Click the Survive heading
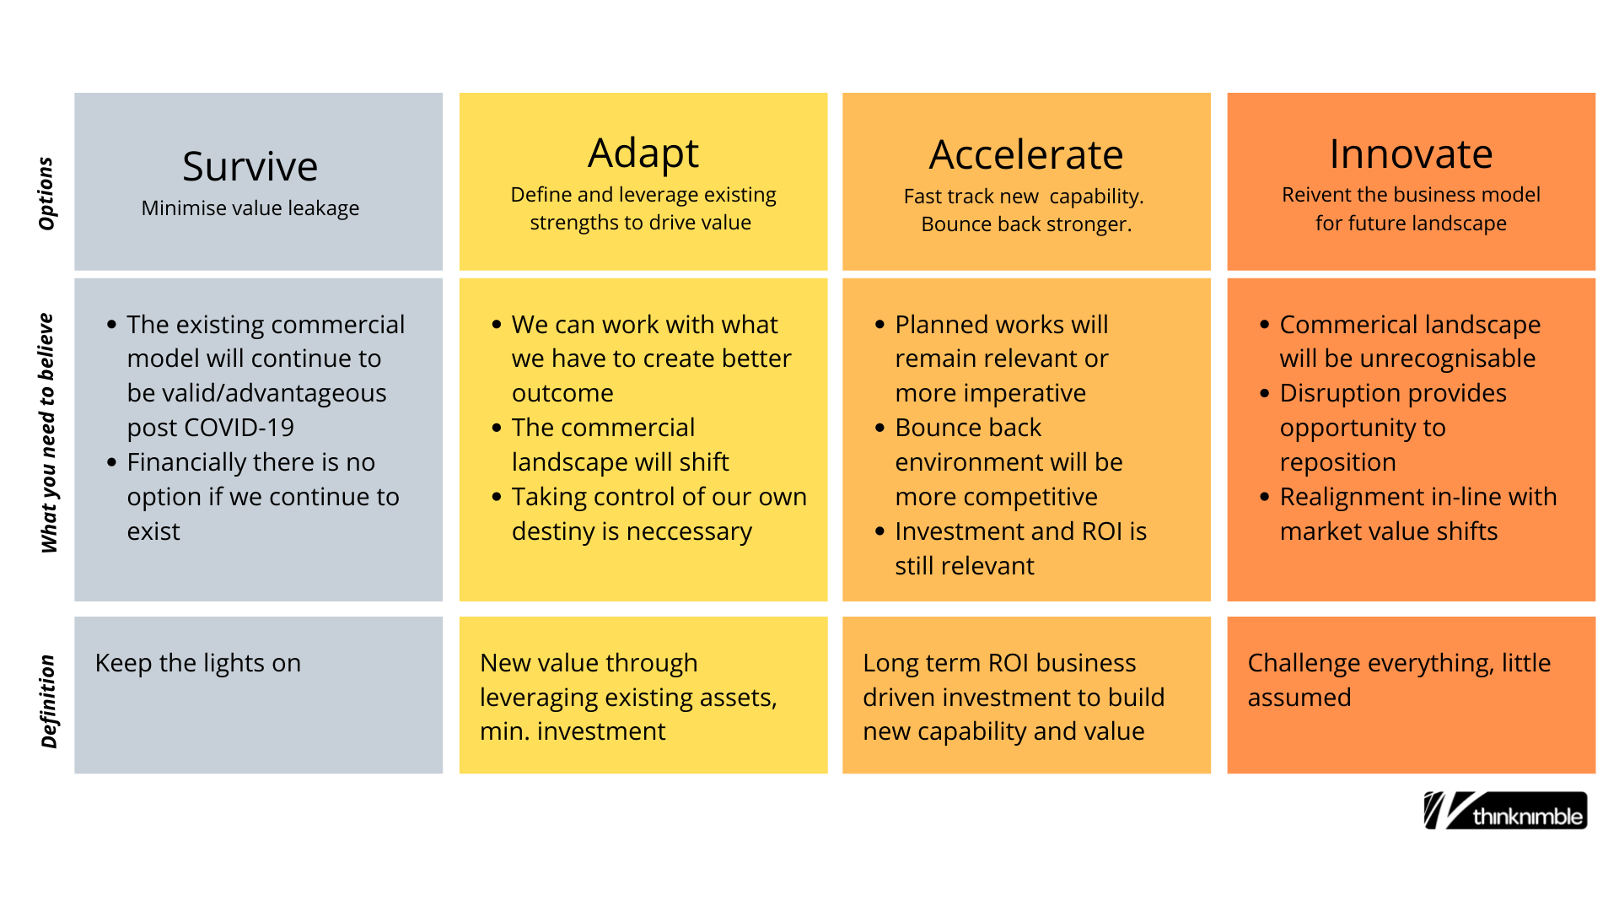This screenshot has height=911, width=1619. pyautogui.click(x=250, y=166)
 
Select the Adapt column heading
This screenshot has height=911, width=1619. pyautogui.click(x=643, y=154)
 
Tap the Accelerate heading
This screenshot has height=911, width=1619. pyautogui.click(x=1026, y=154)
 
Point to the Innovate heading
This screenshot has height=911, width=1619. pyautogui.click(x=1411, y=154)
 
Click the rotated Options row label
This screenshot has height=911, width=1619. pyautogui.click(x=46, y=193)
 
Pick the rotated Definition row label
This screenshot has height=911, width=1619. pyautogui.click(x=48, y=702)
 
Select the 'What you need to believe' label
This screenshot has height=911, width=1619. pyautogui.click(x=48, y=433)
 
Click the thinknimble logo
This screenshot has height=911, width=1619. pyautogui.click(x=1505, y=811)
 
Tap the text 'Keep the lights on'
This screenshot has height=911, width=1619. pyautogui.click(x=198, y=663)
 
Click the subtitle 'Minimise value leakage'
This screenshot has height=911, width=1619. pyautogui.click(x=250, y=208)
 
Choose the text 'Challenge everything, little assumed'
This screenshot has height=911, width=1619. pyautogui.click(x=1399, y=680)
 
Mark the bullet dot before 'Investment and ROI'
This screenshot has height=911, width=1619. pyautogui.click(x=879, y=531)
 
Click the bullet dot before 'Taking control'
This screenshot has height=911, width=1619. pyautogui.click(x=497, y=497)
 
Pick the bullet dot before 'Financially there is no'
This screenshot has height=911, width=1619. pyautogui.click(x=111, y=462)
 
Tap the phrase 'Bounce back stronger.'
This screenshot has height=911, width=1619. pyautogui.click(x=1026, y=224)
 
